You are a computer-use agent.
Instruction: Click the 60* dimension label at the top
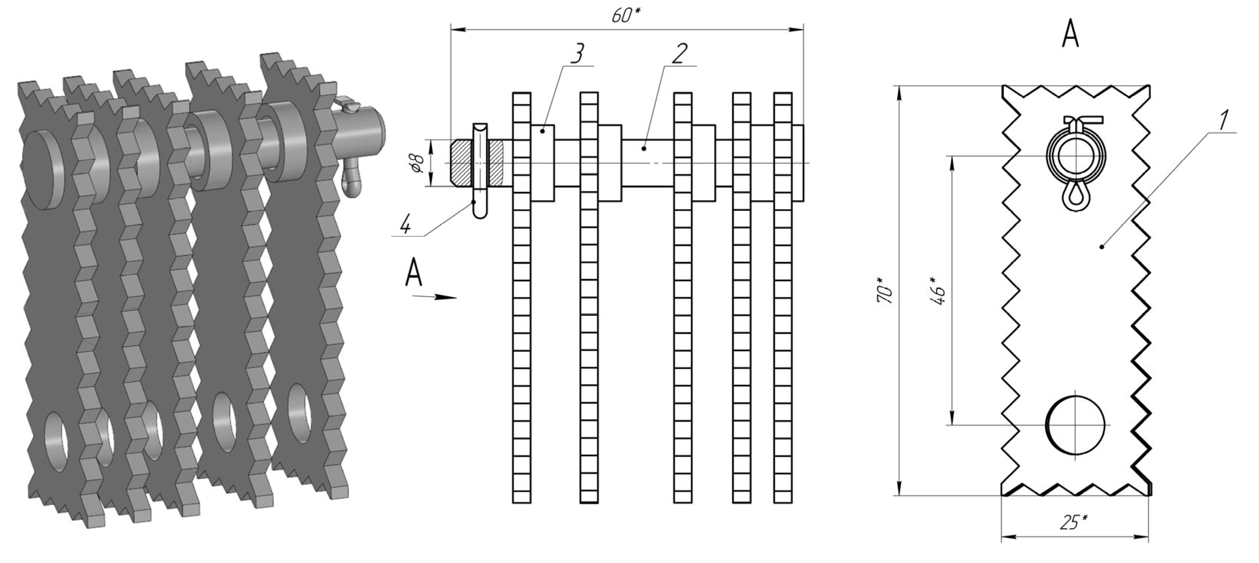[626, 16]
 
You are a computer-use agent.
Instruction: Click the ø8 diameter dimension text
[417, 162]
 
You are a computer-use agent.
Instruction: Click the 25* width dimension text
[1074, 523]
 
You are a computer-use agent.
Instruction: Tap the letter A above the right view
[1070, 35]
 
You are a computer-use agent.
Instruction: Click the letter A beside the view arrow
[414, 272]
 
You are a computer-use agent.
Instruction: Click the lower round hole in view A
[1075, 425]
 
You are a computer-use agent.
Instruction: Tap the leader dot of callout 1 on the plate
[1102, 247]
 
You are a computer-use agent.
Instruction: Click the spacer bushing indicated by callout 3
[543, 163]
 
